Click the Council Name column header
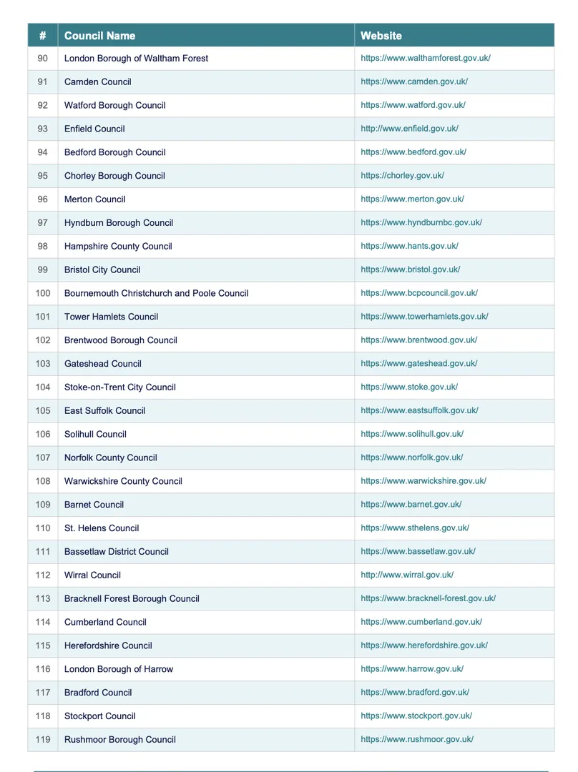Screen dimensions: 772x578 (99, 36)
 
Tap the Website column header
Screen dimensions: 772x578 (381, 36)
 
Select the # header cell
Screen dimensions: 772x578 (43, 36)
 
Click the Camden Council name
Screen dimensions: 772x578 (97, 81)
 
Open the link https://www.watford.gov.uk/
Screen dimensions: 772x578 (413, 105)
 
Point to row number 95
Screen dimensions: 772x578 (43, 176)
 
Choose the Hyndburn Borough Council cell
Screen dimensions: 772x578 (119, 223)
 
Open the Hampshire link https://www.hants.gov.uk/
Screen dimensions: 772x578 (409, 246)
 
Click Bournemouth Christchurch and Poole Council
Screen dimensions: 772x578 (156, 293)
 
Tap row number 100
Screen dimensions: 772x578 (43, 293)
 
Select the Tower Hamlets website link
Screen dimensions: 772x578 (424, 317)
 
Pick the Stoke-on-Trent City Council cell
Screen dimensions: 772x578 (119, 387)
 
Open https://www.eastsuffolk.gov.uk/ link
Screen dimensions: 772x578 (419, 411)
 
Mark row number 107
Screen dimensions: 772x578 (43, 457)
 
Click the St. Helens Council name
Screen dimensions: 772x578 (102, 528)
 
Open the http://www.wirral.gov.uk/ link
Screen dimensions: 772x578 (407, 575)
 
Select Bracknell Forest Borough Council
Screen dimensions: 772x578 (132, 599)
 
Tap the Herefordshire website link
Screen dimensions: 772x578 (424, 645)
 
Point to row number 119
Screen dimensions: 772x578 (43, 740)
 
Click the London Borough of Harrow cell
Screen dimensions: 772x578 (119, 669)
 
